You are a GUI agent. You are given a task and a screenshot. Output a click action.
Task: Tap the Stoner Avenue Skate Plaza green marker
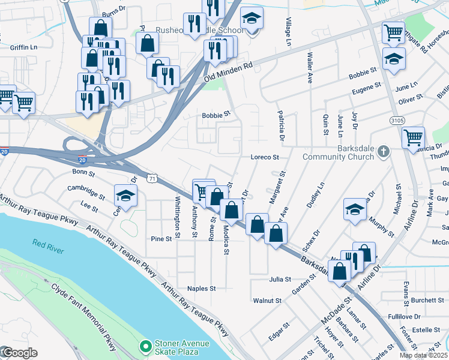coord(145,346)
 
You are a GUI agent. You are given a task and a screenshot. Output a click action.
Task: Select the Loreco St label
coord(265,157)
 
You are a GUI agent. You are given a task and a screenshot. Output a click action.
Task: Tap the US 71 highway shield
coord(154,178)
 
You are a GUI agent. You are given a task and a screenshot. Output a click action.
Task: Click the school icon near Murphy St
coord(355,209)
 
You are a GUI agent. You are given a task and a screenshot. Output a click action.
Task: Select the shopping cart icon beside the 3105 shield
coord(413,137)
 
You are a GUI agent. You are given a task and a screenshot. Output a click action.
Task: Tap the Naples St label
coord(202,289)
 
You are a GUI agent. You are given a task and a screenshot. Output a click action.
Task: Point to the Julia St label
coord(280,279)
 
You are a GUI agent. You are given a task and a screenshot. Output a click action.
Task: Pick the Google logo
coord(19,352)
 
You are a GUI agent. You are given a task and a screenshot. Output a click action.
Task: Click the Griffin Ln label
coord(24,47)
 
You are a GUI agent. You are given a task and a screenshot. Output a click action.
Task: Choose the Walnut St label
coord(268,300)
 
